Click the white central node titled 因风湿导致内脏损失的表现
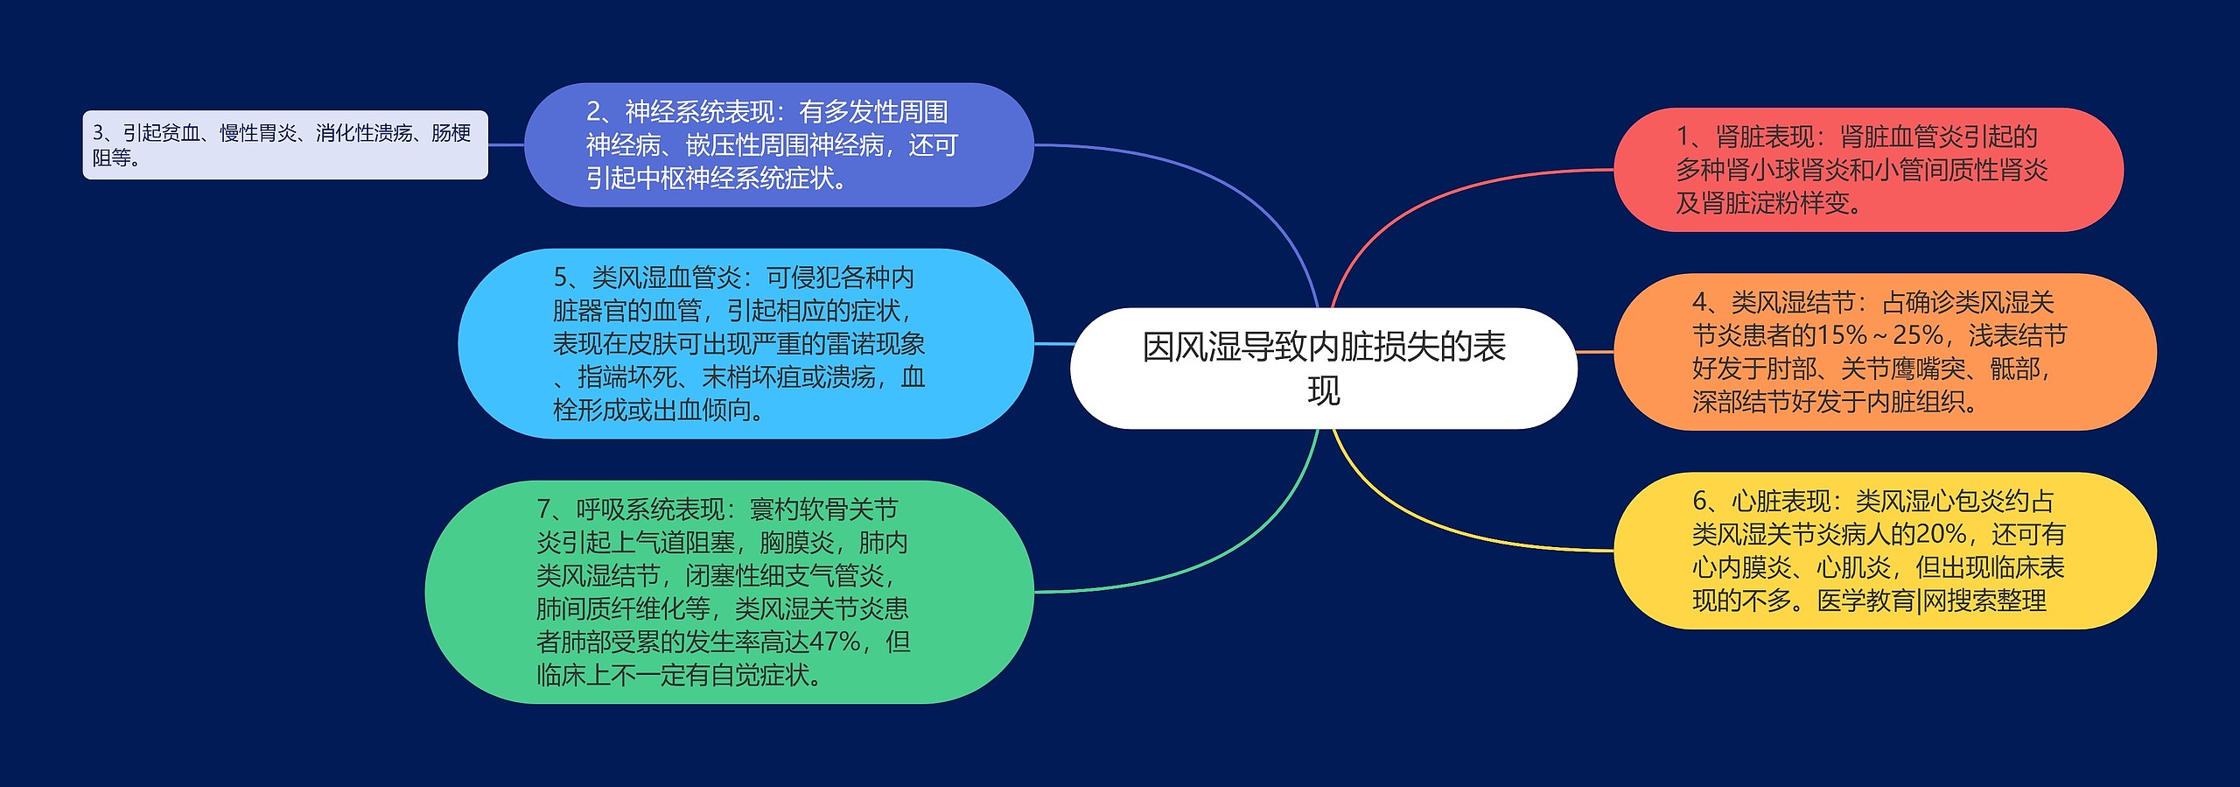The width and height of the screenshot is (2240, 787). point(1323,368)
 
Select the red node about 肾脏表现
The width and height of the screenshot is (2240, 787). point(1867,170)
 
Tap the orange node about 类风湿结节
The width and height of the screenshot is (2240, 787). point(1883,352)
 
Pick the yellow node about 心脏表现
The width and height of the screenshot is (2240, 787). point(1883,551)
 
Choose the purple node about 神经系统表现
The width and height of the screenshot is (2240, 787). point(779,145)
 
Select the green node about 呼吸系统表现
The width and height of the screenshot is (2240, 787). point(728,592)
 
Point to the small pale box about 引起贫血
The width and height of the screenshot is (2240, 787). point(284,145)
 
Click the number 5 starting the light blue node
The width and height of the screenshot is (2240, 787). point(561,278)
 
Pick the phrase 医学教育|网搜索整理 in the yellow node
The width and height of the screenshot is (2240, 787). point(1932,601)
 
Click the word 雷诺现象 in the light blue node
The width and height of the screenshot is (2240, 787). point(875,344)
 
